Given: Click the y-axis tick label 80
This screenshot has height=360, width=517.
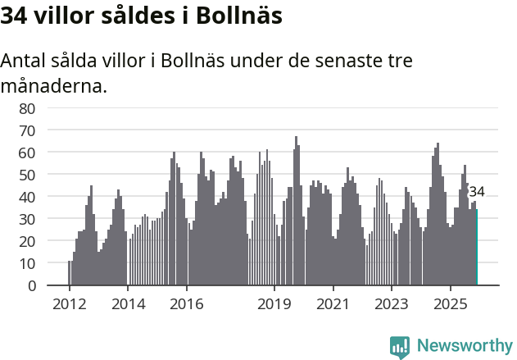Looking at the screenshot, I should pos(27,108).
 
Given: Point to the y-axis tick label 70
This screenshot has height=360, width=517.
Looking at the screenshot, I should pos(27,130).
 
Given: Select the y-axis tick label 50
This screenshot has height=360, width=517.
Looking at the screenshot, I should pos(27,175).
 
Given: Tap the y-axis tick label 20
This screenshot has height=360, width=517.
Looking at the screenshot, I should pos(27,242).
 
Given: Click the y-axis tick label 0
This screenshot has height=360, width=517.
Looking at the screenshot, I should pos(31,286).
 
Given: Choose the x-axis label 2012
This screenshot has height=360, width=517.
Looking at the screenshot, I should pos(70,304).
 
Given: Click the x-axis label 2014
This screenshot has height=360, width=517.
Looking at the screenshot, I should pos(128,304).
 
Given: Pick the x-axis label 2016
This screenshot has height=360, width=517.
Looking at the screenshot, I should pos(187,304).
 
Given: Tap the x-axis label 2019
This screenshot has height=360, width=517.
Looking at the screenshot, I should pos(274,304).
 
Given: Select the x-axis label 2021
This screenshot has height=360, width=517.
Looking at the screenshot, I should pos(333,304).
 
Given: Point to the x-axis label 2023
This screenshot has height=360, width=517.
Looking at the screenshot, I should pos(391,304).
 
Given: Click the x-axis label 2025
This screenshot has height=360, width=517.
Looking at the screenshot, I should pos(450,304).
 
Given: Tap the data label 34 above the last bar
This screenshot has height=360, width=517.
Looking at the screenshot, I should pos(476,192).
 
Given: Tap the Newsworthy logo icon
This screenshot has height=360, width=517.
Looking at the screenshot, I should pos(400,347).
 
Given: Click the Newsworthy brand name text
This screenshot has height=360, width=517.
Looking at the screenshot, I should pos(465,346).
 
